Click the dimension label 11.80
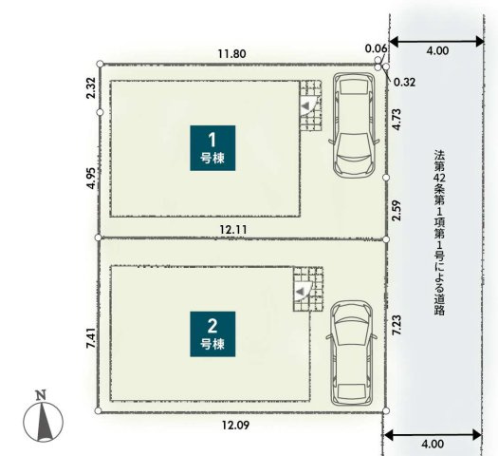click(231, 54)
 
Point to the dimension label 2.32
click(89, 89)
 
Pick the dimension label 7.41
click(89, 340)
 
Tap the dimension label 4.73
click(397, 119)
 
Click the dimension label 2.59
click(397, 207)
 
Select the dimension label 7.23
click(397, 325)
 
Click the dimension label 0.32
click(405, 82)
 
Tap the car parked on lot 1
click(355, 125)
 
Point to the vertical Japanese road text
click(439, 232)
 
